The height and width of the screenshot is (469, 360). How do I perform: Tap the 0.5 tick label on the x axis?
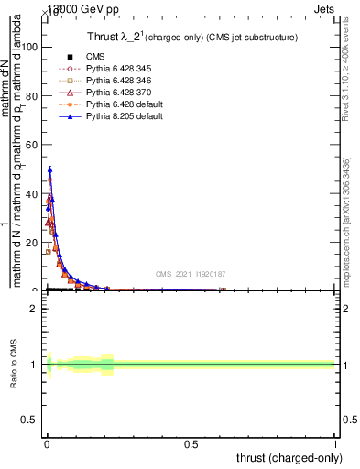pos(191,444)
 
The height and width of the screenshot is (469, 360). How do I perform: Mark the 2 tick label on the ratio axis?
pos(34,309)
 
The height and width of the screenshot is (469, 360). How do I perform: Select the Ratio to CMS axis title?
pos(14,365)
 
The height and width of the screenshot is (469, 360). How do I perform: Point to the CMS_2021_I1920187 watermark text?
pos(190,273)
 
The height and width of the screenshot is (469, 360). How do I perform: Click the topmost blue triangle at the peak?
pos(49,169)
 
